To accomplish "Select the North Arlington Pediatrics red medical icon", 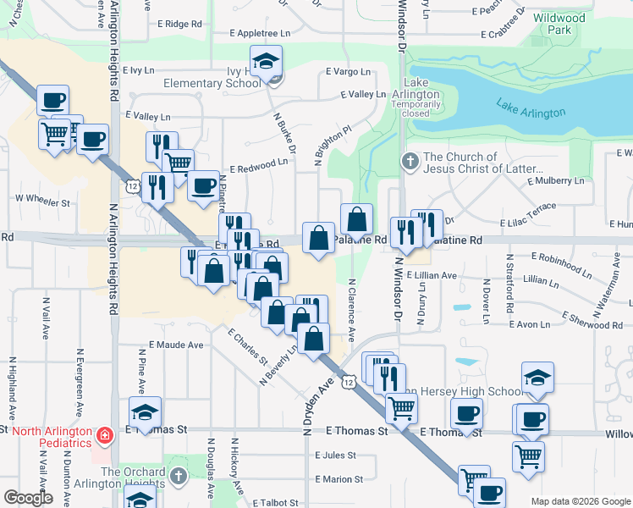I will [104, 436].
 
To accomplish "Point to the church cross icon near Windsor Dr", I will [410, 161].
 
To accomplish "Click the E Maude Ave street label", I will [176, 345].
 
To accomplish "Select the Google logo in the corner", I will [28, 498].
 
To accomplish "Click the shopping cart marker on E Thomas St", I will [401, 409].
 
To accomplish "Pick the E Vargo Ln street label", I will [348, 72].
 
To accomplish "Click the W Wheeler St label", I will [42, 203].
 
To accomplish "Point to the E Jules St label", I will [333, 456].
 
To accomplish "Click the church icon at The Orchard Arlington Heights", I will [177, 476].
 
